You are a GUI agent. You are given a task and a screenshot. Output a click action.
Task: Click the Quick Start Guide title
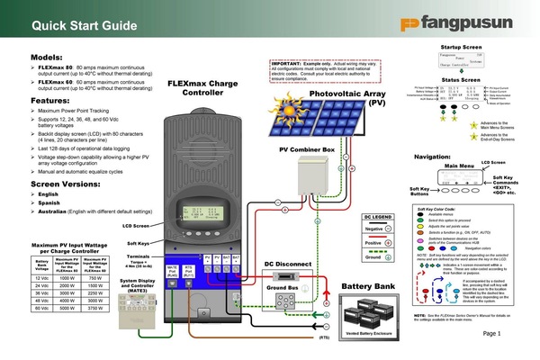(x=63, y=20)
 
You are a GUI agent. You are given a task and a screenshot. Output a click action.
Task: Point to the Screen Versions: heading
(x=58, y=184)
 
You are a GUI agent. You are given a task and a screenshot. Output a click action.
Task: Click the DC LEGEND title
(x=379, y=218)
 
